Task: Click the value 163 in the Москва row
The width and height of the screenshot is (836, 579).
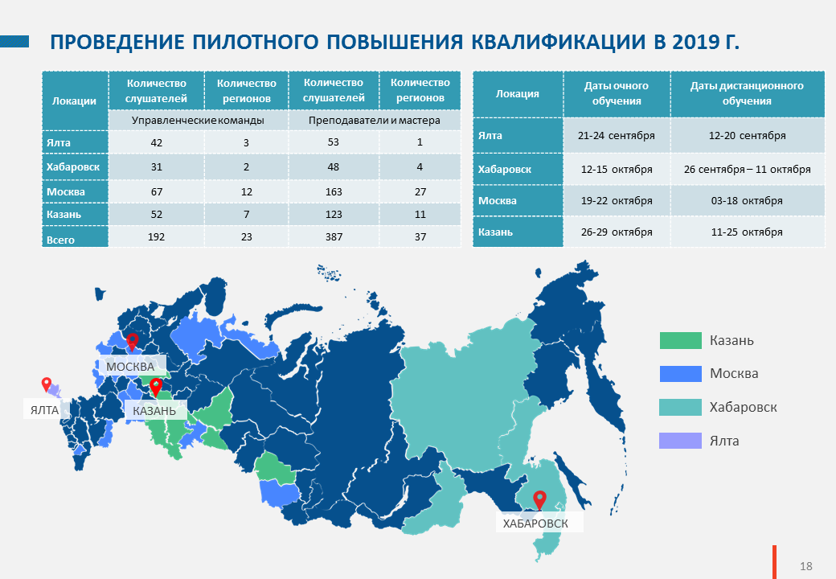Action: pos(334,192)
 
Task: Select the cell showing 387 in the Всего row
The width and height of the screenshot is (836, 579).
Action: pos(334,236)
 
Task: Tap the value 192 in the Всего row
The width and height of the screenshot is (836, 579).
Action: pos(156,236)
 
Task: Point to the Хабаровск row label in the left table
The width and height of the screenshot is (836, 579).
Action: pos(73,167)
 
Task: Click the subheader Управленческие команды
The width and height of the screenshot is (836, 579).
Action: pos(198,121)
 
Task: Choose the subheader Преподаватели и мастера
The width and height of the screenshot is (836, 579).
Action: pos(375,121)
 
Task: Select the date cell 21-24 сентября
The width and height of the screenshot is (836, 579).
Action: pos(617,135)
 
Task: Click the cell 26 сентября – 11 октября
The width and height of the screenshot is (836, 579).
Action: pos(747,170)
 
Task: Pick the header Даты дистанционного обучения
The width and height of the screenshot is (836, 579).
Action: pos(747,93)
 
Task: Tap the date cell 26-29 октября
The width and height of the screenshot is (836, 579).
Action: pos(617,232)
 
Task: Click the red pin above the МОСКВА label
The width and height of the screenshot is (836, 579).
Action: pos(132,342)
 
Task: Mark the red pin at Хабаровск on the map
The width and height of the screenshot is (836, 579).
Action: pos(540,500)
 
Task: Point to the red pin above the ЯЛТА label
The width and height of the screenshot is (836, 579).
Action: pos(47,384)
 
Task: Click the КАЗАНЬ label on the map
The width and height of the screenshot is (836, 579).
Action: pos(154,411)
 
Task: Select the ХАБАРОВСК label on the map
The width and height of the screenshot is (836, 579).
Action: pos(535,524)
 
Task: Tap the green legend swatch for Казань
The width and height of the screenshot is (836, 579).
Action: pos(680,341)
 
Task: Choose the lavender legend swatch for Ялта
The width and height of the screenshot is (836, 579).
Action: pos(680,441)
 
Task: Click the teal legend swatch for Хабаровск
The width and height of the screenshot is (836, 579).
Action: pos(680,408)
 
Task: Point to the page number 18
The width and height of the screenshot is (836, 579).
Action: pos(805,566)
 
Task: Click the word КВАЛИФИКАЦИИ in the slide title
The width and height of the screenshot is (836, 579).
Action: pos(558,42)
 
